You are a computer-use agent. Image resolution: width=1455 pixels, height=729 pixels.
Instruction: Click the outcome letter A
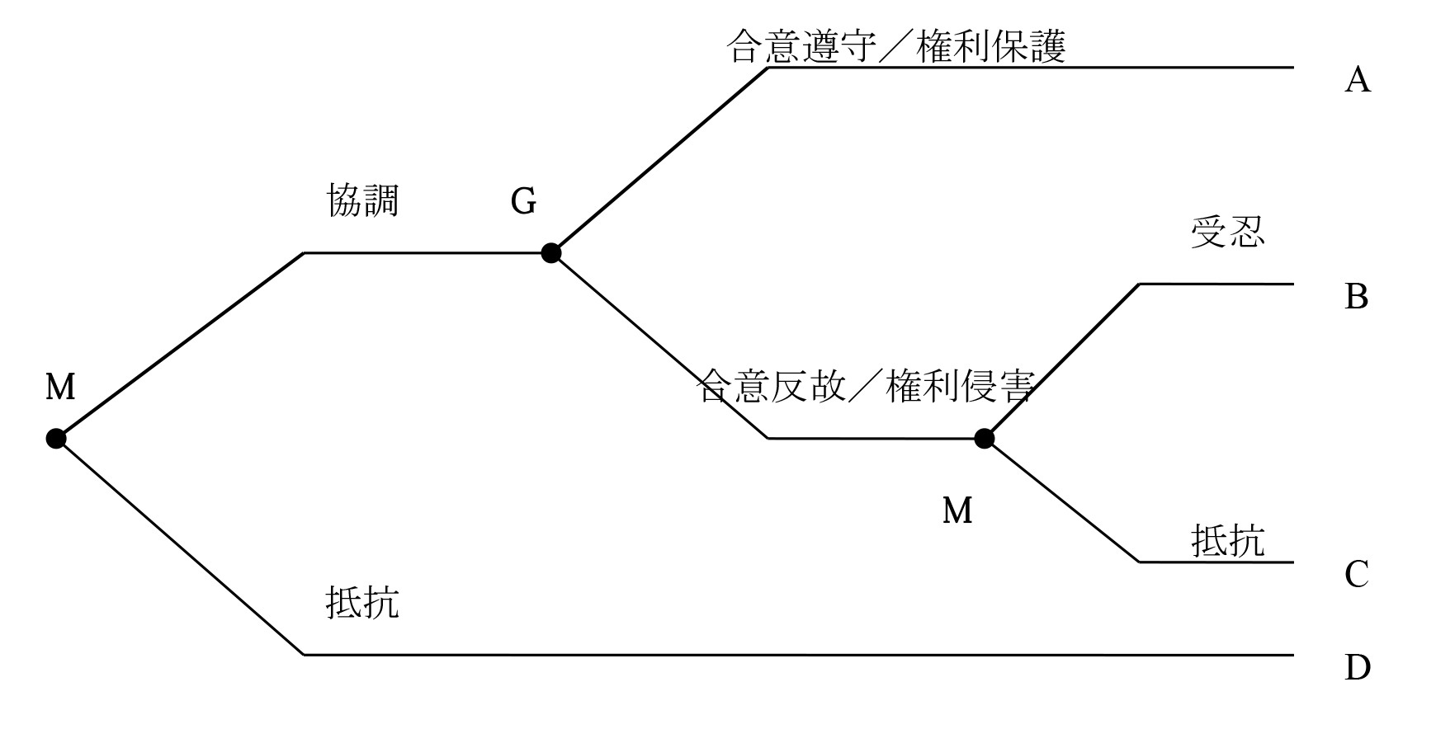point(1358,81)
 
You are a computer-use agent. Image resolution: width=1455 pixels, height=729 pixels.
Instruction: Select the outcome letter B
point(1357,297)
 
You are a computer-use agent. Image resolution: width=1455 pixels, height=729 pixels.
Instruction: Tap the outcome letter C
point(1357,575)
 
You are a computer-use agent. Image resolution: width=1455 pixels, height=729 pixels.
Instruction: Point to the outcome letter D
point(1358,667)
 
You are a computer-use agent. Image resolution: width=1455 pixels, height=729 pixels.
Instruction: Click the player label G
point(523,201)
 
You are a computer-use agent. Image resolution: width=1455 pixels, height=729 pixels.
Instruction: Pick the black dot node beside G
point(551,253)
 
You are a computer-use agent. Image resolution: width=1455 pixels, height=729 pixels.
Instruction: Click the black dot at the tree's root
point(56,439)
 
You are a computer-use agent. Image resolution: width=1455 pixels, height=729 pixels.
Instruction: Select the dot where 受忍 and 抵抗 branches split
point(984,439)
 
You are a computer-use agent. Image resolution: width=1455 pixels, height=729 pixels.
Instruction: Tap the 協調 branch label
point(363,200)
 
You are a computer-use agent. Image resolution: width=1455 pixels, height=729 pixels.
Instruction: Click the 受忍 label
point(1227,233)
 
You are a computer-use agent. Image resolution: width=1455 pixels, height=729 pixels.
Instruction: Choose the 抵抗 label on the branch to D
point(363,602)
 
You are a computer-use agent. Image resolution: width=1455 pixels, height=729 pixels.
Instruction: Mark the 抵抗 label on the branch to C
point(1227,541)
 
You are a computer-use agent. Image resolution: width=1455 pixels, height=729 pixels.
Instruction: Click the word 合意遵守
point(801,47)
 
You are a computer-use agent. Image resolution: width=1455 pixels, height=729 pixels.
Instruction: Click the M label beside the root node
point(60,387)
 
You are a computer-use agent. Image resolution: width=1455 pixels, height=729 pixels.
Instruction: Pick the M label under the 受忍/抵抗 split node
point(957,511)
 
